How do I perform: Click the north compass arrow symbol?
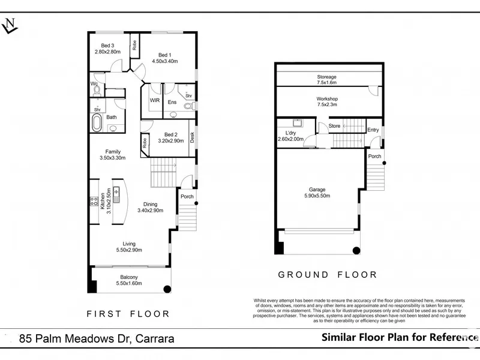pyautogui.click(x=10, y=26)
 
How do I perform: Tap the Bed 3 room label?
pyautogui.click(x=107, y=46)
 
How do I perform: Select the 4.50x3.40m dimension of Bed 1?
pyautogui.click(x=164, y=61)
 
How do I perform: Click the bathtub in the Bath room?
pyautogui.click(x=97, y=122)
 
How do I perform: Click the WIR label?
pyautogui.click(x=155, y=100)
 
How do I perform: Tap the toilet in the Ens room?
pyautogui.click(x=189, y=106)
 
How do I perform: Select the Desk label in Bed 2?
pyautogui.click(x=192, y=137)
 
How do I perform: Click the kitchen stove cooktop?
pyautogui.click(x=94, y=201)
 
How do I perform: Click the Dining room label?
pyautogui.click(x=151, y=204)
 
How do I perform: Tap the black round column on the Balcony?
pyautogui.click(x=167, y=289)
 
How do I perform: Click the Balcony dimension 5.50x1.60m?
pyautogui.click(x=129, y=283)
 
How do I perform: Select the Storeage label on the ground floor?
pyautogui.click(x=326, y=77)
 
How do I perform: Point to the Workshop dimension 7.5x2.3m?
pyautogui.click(x=327, y=104)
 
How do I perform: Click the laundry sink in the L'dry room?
pyautogui.click(x=297, y=123)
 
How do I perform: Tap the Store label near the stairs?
pyautogui.click(x=334, y=126)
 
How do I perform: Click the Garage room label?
pyautogui.click(x=317, y=190)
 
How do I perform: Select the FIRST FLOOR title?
pyautogui.click(x=128, y=314)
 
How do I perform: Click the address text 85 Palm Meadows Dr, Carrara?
pyautogui.click(x=97, y=338)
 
